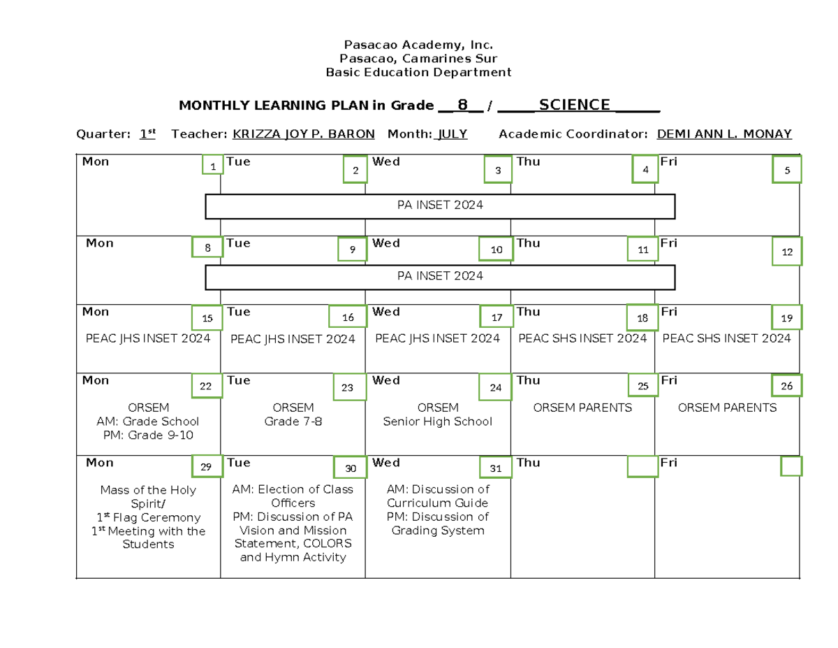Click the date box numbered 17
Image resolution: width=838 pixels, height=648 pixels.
click(497, 317)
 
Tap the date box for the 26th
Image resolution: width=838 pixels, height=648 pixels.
click(786, 386)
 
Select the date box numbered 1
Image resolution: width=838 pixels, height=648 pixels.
click(212, 165)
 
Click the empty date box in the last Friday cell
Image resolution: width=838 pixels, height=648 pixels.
click(791, 466)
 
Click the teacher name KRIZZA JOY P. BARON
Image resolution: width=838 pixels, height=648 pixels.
click(303, 134)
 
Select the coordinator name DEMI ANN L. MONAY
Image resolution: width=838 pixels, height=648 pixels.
click(724, 134)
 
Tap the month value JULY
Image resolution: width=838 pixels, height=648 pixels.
click(452, 134)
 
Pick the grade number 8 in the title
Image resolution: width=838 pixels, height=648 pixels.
click(462, 106)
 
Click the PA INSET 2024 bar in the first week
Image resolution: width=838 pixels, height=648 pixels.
click(440, 206)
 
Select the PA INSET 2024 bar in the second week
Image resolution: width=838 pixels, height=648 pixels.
click(440, 277)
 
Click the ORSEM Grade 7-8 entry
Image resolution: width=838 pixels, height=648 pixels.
click(293, 415)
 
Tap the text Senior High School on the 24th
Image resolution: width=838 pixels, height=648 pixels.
click(437, 422)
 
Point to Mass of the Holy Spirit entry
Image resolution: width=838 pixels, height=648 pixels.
click(148, 497)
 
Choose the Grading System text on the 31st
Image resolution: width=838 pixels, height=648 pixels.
click(437, 531)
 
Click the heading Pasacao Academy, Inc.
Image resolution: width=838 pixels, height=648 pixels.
click(419, 45)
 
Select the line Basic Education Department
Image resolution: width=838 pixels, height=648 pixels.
click(419, 72)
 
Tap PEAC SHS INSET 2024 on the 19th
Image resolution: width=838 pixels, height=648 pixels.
click(726, 338)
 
